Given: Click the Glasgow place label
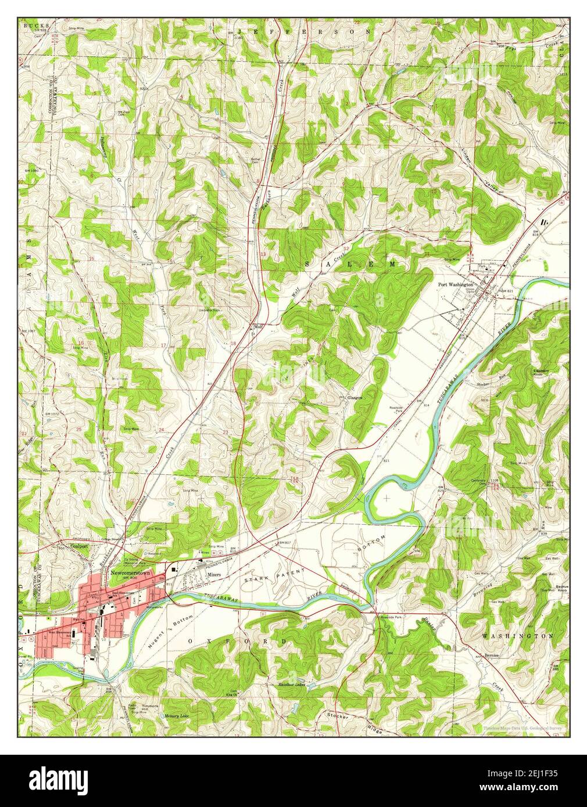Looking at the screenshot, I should point(355,398).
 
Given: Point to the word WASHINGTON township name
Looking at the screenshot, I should point(517,637).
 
